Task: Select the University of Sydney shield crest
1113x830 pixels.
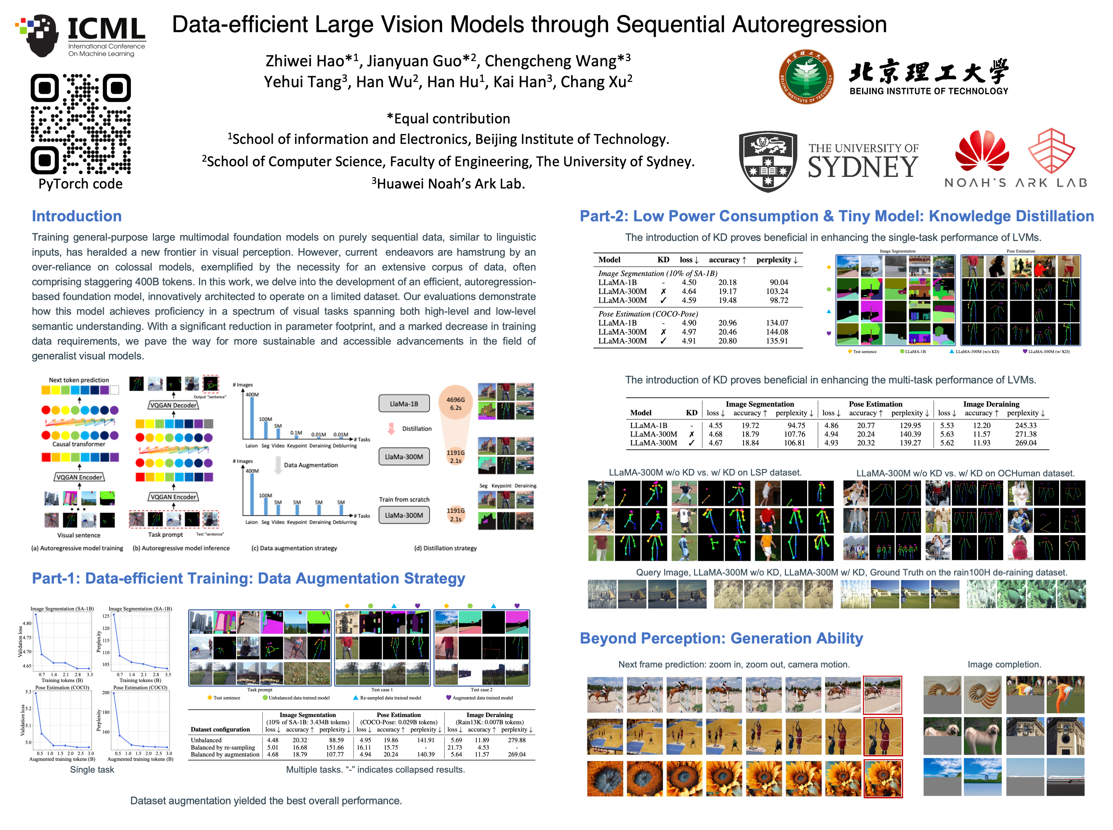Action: click(x=767, y=161)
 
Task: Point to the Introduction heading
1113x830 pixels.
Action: click(x=76, y=216)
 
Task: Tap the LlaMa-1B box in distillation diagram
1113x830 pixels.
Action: click(x=404, y=403)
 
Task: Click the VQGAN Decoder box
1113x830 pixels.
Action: click(x=173, y=405)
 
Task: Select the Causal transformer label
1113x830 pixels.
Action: click(x=79, y=444)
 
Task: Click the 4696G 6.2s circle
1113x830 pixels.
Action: click(x=455, y=403)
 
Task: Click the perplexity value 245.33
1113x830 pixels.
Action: click(x=1026, y=425)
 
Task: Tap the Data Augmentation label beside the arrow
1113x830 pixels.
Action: click(x=310, y=465)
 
